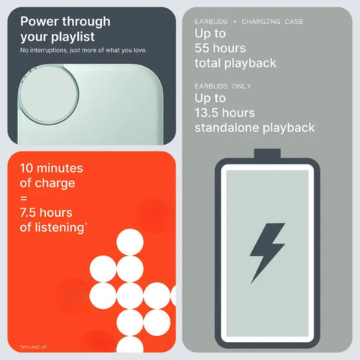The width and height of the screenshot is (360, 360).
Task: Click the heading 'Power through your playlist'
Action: click(65, 29)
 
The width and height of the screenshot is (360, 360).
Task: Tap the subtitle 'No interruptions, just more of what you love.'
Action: click(83, 50)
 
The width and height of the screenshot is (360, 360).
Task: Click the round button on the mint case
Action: click(49, 94)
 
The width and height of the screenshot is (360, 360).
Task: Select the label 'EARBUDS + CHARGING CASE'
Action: click(249, 22)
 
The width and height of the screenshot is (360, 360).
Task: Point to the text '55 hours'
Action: click(220, 48)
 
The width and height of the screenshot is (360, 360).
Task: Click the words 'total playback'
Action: click(235, 63)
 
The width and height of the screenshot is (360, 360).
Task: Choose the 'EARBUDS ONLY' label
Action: click(223, 86)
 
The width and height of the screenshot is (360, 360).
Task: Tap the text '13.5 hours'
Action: click(225, 112)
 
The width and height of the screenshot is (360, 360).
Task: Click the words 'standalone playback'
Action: click(254, 127)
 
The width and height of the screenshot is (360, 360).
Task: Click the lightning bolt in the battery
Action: click(267, 253)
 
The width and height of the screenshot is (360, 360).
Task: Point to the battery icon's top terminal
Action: click(268, 154)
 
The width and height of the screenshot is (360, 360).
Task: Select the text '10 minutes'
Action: click(52, 168)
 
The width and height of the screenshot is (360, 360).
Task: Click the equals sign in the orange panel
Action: click(24, 199)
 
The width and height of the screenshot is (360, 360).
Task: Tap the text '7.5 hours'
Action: click(46, 213)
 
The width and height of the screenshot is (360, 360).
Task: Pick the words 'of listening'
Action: click(52, 228)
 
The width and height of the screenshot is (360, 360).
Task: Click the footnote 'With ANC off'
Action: click(33, 346)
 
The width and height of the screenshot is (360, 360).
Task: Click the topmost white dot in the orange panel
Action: click(130, 242)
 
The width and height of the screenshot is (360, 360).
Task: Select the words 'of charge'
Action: click(47, 183)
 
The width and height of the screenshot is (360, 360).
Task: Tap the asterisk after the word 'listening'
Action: click(86, 223)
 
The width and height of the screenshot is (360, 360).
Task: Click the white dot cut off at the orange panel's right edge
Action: click(173, 295)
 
